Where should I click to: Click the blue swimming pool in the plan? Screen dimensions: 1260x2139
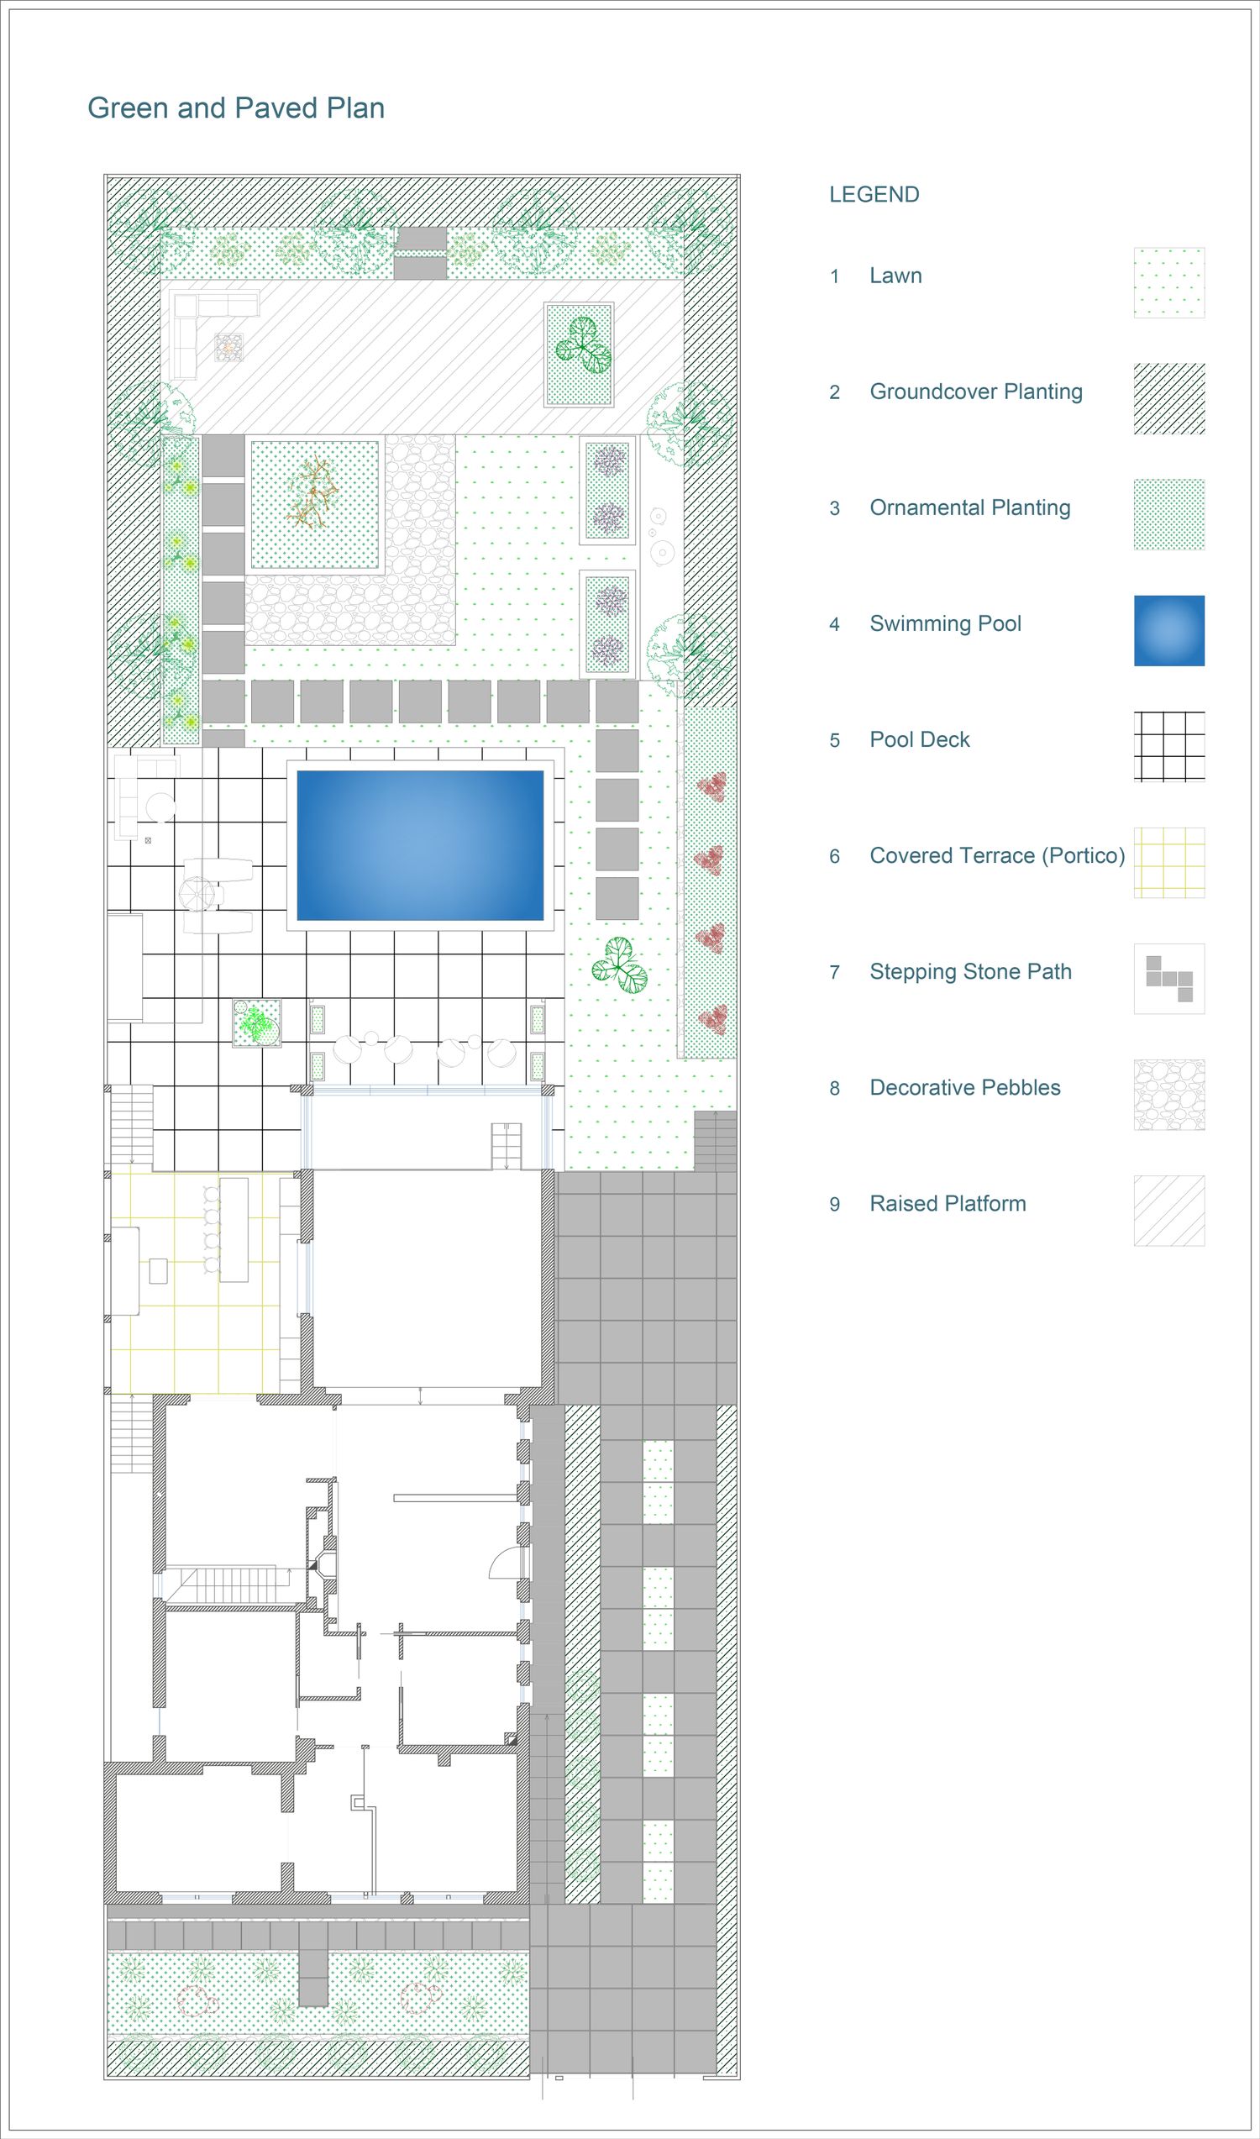pyautogui.click(x=420, y=845)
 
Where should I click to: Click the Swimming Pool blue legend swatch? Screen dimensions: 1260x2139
pyautogui.click(x=1169, y=630)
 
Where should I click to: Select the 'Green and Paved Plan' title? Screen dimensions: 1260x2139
pyautogui.click(x=236, y=108)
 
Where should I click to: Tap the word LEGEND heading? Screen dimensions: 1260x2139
pyautogui.click(x=874, y=194)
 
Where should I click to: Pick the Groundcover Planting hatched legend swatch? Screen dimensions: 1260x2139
pyautogui.click(x=1169, y=398)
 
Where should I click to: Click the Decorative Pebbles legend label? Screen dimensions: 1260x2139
pyautogui.click(x=965, y=1088)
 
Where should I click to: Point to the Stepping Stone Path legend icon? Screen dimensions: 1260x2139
pyautogui.click(x=1169, y=979)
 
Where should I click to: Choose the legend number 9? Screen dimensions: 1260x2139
pyautogui.click(x=835, y=1204)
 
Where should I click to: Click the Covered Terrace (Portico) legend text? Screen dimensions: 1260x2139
pyautogui.click(x=998, y=856)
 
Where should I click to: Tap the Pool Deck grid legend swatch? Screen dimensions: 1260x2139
pyautogui.click(x=1169, y=746)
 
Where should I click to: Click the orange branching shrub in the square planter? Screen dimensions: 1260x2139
pyautogui.click(x=312, y=493)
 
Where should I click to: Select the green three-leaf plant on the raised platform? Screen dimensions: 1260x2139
pyautogui.click(x=583, y=345)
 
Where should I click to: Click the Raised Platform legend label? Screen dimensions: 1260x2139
pyautogui.click(x=948, y=1204)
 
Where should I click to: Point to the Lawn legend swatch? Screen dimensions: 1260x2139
pyautogui.click(x=1169, y=283)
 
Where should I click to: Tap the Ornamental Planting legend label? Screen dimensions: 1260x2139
pyautogui.click(x=970, y=507)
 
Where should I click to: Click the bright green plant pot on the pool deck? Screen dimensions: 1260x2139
pyautogui.click(x=257, y=1024)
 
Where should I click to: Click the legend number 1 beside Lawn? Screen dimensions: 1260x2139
pyautogui.click(x=835, y=276)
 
